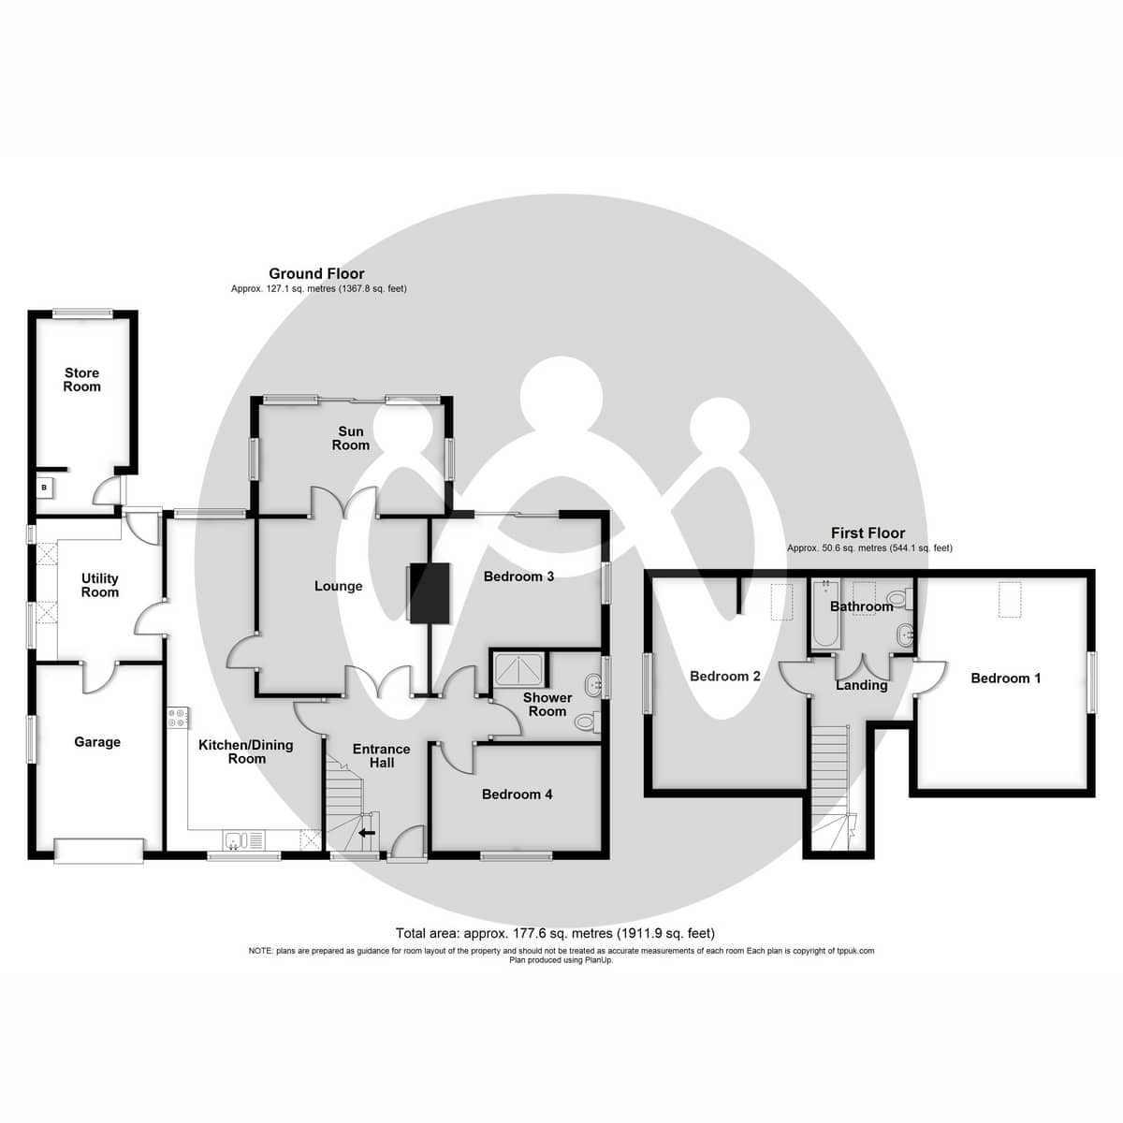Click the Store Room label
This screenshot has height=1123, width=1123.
[x=81, y=380]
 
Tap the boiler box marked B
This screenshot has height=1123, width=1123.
[x=44, y=487]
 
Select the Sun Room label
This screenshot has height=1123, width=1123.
[x=351, y=438]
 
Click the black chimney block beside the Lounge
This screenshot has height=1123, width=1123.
[x=429, y=592]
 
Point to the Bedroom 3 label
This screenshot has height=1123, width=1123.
[x=518, y=576]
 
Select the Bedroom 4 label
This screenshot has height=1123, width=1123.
[x=517, y=795]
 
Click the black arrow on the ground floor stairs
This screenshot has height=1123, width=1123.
[x=367, y=831]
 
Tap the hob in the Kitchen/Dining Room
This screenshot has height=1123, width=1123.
[x=178, y=718]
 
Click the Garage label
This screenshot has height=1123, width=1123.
[x=97, y=742]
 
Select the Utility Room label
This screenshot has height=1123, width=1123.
[x=100, y=586]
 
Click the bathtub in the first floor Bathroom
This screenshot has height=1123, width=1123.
[x=825, y=617]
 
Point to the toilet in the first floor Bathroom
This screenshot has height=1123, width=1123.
[x=897, y=598]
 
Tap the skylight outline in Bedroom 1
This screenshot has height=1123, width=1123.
[x=1010, y=599]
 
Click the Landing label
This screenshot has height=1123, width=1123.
[x=861, y=685]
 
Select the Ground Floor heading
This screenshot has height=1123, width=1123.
[x=316, y=273]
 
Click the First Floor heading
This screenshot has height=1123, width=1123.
[x=868, y=532]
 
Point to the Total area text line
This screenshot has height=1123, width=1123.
[x=555, y=933]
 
